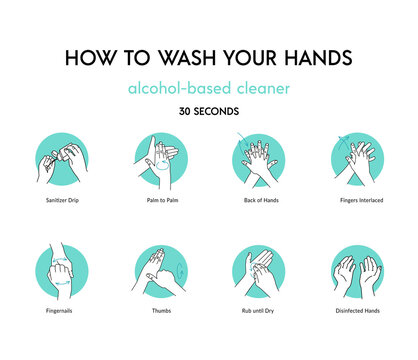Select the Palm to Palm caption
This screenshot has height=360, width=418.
pyautogui.click(x=159, y=200)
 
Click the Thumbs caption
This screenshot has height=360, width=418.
pyautogui.click(x=159, y=311)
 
